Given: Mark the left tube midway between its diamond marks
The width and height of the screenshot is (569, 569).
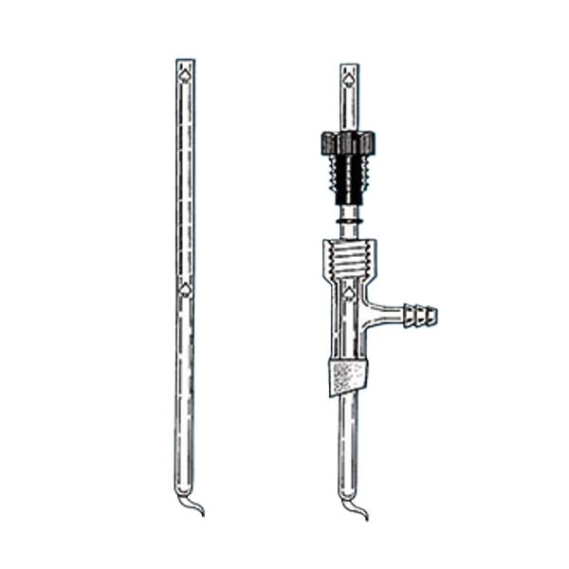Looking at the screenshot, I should (185, 180).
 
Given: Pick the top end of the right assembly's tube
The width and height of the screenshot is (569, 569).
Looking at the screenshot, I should (347, 66).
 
